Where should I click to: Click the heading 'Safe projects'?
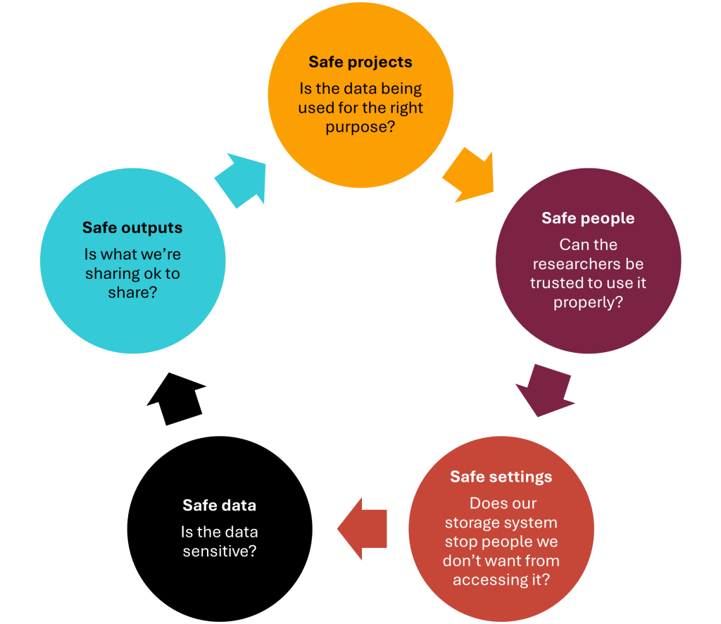(x=360, y=62)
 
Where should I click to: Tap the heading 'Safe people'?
(x=588, y=218)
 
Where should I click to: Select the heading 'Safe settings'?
(x=501, y=477)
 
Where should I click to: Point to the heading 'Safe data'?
(x=219, y=505)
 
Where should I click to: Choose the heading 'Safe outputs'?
(x=132, y=227)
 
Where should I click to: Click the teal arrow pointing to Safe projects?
(x=242, y=179)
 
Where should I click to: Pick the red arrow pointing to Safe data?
(x=362, y=528)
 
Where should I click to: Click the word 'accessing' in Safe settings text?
(x=487, y=580)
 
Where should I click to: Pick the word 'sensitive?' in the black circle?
(x=219, y=551)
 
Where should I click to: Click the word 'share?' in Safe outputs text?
(x=132, y=292)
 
